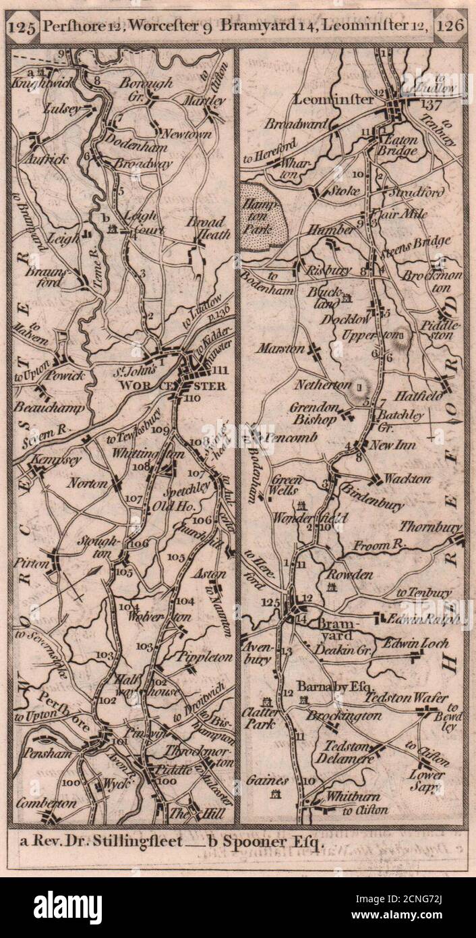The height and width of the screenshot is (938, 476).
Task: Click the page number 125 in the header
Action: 23,28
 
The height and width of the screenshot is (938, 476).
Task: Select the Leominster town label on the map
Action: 333,100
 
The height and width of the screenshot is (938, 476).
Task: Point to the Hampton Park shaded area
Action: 264,210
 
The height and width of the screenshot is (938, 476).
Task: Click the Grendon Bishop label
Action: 313,413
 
